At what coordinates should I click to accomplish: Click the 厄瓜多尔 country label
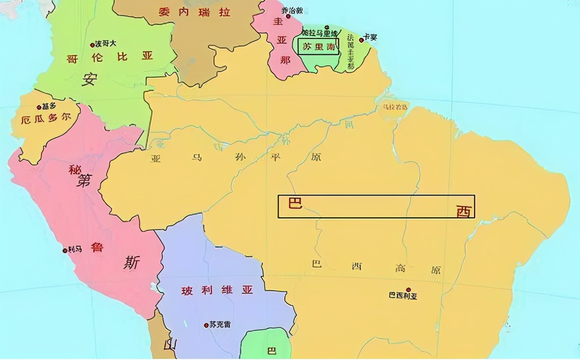pos(47,119)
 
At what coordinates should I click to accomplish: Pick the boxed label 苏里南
pos(319,47)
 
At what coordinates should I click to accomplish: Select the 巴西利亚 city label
pos(403,296)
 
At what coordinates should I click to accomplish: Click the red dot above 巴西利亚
pos(408,289)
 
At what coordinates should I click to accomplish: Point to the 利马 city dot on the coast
pos(65,251)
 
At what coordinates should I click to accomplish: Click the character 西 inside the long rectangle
pos(464,211)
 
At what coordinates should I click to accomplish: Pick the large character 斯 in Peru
pos(131,263)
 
